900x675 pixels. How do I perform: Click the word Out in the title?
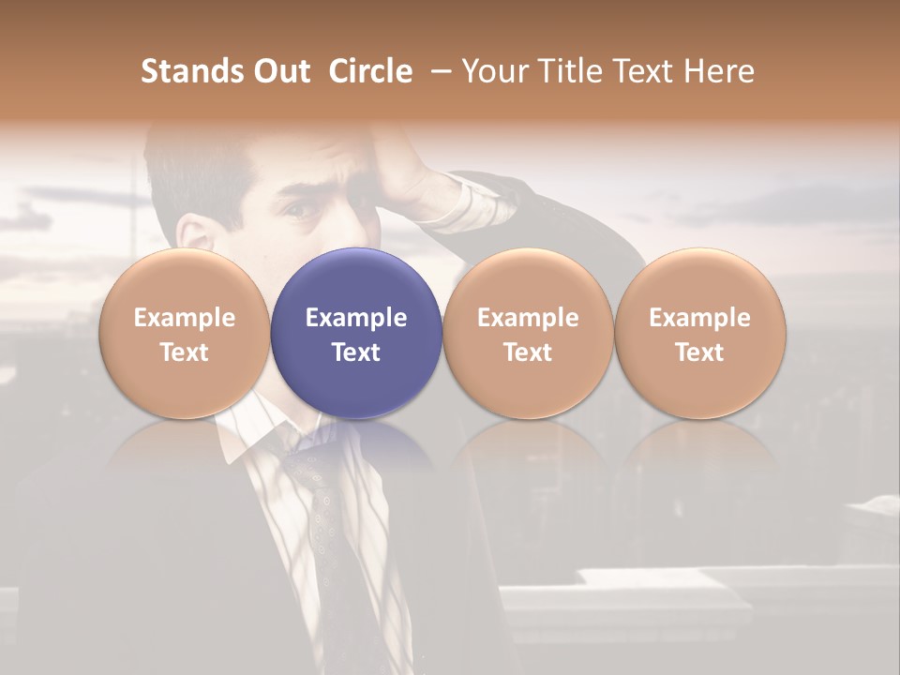click(x=279, y=71)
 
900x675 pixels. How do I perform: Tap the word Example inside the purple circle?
click(x=356, y=318)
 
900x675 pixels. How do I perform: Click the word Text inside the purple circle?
click(x=356, y=352)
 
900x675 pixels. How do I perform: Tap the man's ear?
click(x=195, y=234)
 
